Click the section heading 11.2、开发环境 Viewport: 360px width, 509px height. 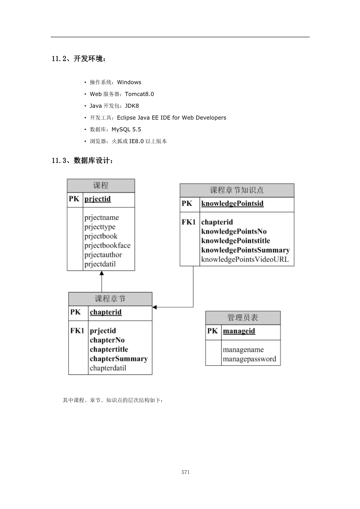pyautogui.click(x=79, y=59)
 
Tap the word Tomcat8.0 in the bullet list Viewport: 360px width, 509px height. pyautogui.click(x=139, y=94)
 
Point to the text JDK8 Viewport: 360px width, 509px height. pyautogui.click(x=132, y=106)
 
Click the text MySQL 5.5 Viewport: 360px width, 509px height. pyautogui.click(x=126, y=130)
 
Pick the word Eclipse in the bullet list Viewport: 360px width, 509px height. pyautogui.click(x=126, y=118)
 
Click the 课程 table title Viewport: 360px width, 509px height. pyautogui.click(x=101, y=186)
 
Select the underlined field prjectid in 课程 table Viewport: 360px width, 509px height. pyautogui.click(x=98, y=199)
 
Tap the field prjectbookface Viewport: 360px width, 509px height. pyautogui.click(x=107, y=246)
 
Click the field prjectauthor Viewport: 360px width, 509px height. pyautogui.click(x=103, y=255)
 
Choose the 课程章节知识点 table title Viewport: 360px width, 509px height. pyautogui.click(x=237, y=190)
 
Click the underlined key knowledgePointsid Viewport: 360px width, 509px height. pyautogui.click(x=232, y=204)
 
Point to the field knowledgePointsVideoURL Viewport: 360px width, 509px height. pyautogui.click(x=245, y=260)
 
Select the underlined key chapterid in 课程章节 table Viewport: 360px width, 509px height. pyautogui.click(x=106, y=312)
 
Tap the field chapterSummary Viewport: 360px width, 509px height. pyautogui.click(x=119, y=359)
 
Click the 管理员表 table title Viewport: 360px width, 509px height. pyautogui.click(x=243, y=318)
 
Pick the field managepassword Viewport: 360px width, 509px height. pyautogui.click(x=249, y=359)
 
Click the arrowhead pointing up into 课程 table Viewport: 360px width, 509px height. pyautogui.click(x=102, y=273)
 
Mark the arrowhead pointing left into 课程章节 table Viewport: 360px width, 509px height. pyautogui.click(x=154, y=307)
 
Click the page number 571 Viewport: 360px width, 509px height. pyautogui.click(x=186, y=472)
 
